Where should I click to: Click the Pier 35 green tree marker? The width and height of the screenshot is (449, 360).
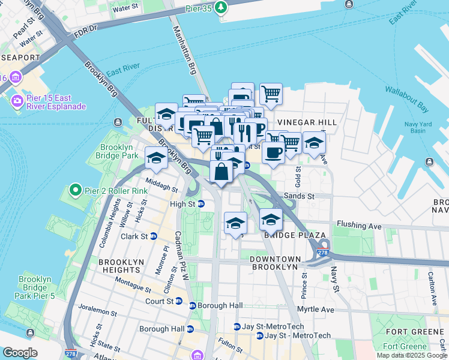pos(222,7)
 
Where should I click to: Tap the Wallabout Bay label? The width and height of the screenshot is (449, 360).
pos(406,108)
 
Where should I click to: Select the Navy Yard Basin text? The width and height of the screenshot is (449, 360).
pos(406,127)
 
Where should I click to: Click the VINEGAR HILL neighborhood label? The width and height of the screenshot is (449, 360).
pos(306,122)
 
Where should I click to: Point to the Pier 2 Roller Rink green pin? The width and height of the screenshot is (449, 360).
pos(75,191)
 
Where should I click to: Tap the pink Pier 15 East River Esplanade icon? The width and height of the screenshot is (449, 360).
pos(16,101)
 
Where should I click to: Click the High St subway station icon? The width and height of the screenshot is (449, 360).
pos(202,204)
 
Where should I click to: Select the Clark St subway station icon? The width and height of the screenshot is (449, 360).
pos(153,236)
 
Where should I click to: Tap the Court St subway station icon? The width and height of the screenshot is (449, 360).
pos(179,301)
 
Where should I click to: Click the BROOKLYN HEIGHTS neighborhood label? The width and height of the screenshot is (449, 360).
pos(121,267)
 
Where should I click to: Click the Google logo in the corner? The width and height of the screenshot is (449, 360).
pos(20,353)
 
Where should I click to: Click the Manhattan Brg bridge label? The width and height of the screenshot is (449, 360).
pos(185,50)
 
